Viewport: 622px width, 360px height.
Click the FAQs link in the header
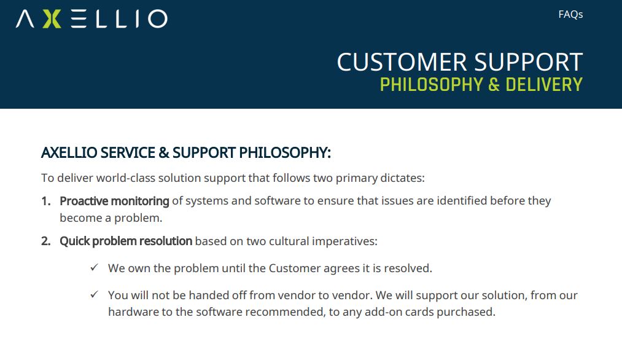click(570, 15)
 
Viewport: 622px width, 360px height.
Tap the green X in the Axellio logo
click(52, 18)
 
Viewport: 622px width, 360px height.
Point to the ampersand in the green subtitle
click(494, 85)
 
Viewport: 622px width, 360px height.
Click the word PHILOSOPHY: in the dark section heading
click(285, 153)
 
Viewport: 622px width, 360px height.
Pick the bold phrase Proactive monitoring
click(114, 202)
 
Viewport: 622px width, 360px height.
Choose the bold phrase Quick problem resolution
click(126, 241)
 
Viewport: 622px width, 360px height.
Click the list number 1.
click(46, 202)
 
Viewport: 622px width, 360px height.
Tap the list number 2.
click(46, 241)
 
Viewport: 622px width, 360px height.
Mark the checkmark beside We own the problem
click(94, 267)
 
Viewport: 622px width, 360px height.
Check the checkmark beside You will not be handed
click(94, 294)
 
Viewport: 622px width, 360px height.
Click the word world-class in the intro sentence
click(126, 178)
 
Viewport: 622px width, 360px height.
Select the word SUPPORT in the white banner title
click(529, 62)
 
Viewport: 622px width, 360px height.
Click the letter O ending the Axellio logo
click(158, 18)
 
